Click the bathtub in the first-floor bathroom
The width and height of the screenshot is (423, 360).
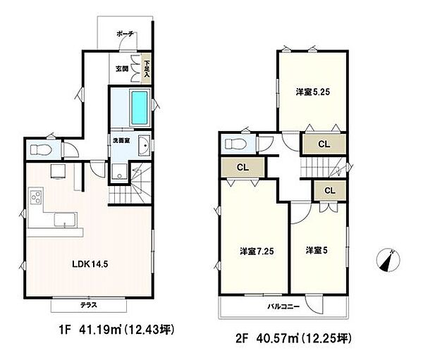pos(140,107)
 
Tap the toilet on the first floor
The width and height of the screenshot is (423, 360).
pos(41,149)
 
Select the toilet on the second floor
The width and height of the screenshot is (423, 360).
pos(235,144)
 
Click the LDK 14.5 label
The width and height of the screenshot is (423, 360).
pos(90,264)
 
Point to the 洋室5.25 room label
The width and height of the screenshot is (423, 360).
pos(313,92)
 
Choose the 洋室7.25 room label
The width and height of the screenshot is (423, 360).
pos(257,252)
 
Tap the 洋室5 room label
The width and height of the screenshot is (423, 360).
pos(317,251)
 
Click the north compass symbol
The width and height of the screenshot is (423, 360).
pos(388,260)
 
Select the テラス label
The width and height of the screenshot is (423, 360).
pos(89,305)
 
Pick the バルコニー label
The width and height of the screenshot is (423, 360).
pos(283,306)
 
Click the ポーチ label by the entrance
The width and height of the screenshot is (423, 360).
pos(125,34)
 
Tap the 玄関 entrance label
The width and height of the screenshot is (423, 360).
pos(122,69)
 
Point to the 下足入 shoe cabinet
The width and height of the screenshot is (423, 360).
pos(147,68)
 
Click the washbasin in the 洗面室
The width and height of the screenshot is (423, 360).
pos(145,146)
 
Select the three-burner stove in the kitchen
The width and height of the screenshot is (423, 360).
pos(36,197)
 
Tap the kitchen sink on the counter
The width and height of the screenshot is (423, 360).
pos(66,220)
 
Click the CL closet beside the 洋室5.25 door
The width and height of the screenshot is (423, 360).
pos(324,144)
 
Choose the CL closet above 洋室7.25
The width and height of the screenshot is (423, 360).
pos(243,168)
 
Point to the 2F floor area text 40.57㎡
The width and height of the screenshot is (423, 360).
pos(277,338)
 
